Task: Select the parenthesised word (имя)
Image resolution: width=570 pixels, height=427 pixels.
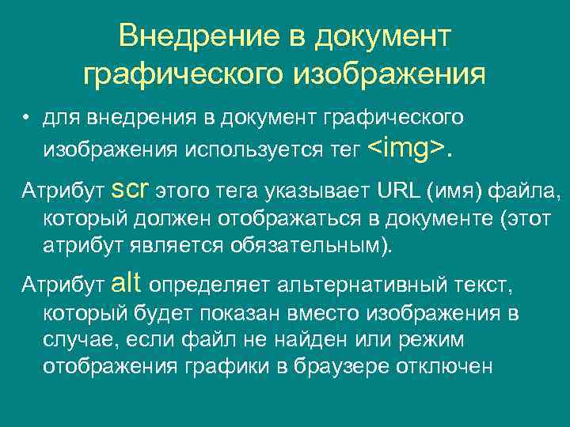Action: tap(456, 191)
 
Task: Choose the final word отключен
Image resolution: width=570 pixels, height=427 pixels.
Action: tap(450, 367)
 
